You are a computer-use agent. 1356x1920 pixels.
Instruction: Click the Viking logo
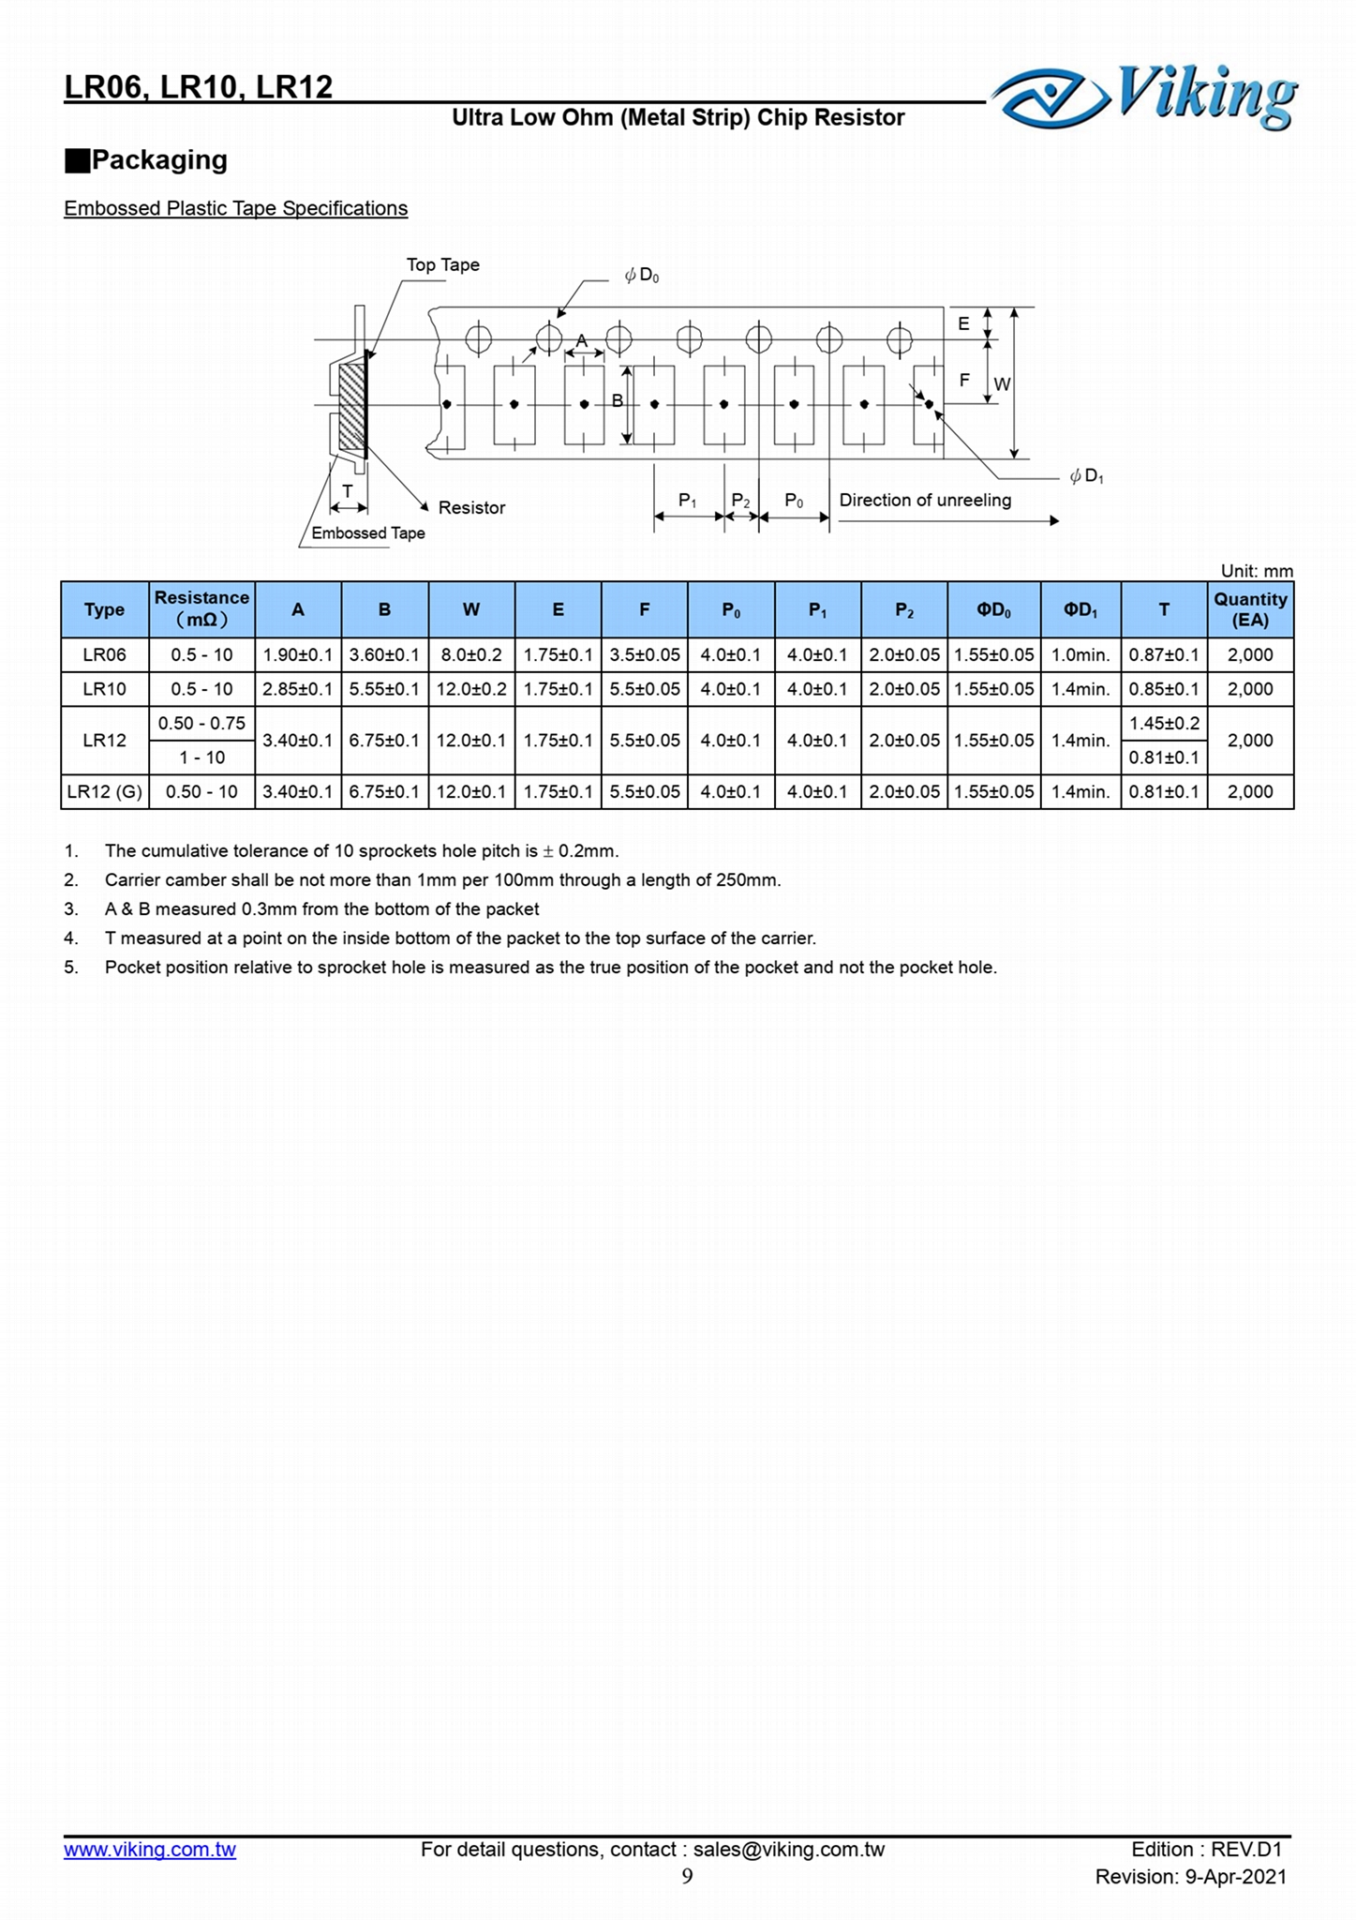[x=1144, y=97]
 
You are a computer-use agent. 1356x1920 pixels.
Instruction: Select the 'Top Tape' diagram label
[x=442, y=265]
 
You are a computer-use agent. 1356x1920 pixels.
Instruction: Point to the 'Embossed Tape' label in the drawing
[x=367, y=533]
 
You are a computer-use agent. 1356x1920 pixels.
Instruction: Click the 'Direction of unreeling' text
[x=924, y=501]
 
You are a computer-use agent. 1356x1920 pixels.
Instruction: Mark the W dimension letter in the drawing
[x=1002, y=384]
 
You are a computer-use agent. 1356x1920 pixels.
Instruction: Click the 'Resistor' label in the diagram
[x=471, y=508]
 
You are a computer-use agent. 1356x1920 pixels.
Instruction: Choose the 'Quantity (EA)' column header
[x=1250, y=609]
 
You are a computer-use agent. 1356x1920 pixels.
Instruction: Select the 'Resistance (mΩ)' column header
[x=201, y=609]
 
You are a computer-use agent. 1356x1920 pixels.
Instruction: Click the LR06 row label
[x=104, y=655]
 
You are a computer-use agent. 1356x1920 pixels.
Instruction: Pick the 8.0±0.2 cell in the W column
[x=471, y=655]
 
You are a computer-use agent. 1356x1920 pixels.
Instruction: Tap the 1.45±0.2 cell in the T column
[x=1164, y=724]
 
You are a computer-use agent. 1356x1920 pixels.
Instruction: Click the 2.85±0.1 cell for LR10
[x=297, y=690]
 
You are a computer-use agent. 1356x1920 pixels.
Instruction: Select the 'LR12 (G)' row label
[x=104, y=792]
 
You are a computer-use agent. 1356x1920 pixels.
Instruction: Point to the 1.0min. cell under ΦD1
[x=1080, y=655]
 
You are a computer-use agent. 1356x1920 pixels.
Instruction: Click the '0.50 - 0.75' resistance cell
[x=201, y=724]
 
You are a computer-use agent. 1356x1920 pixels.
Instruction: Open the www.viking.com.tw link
[x=150, y=1850]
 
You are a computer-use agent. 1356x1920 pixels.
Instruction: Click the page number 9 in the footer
[x=687, y=1876]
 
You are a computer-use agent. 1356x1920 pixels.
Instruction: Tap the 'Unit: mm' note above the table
[x=1256, y=571]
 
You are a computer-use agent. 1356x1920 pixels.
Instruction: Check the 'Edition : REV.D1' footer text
[x=1205, y=1850]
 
